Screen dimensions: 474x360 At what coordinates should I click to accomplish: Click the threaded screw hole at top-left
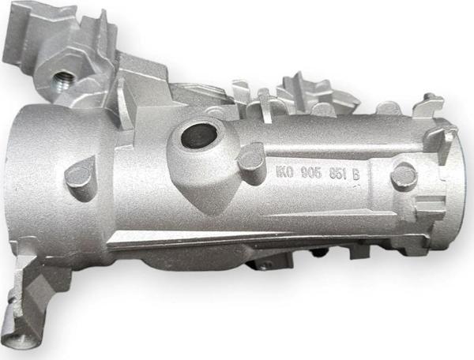coord(63,81)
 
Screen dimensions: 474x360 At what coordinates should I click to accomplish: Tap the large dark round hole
coord(200,135)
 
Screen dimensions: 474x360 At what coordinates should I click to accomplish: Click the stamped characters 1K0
coord(284,172)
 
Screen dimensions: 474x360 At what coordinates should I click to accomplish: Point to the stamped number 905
coord(311,173)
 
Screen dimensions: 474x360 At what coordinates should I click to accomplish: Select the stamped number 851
coord(338,174)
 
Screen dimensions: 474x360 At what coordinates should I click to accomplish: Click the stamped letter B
coord(355,174)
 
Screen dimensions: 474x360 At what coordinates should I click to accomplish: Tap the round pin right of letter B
coord(404,177)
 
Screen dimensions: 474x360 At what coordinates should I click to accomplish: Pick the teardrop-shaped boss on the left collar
coord(79,176)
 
